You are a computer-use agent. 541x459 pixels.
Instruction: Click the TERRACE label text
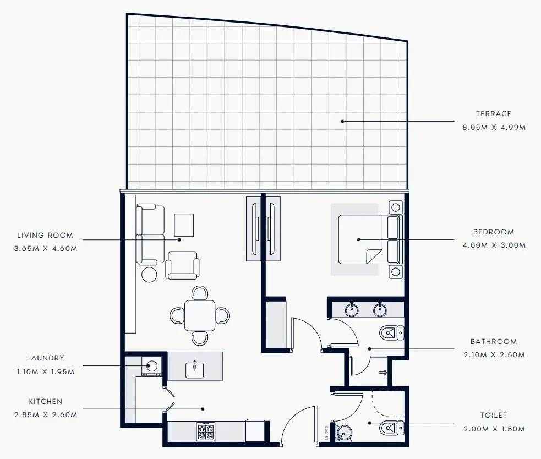(493, 114)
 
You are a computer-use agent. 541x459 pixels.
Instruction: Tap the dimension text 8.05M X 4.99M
(494, 127)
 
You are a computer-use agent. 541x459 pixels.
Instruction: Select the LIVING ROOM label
(45, 236)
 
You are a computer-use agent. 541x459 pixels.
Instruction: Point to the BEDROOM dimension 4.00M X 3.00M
(494, 245)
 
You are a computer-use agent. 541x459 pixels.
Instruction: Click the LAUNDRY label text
(45, 358)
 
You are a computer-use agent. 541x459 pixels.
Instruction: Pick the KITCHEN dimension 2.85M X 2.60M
(46, 414)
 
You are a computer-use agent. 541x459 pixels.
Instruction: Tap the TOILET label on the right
(493, 416)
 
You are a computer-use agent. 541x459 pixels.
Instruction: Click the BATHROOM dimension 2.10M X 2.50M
(493, 355)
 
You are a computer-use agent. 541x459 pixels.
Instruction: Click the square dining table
(200, 315)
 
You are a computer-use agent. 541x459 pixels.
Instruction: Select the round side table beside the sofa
(150, 274)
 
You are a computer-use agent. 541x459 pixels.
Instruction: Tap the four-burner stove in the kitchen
(206, 431)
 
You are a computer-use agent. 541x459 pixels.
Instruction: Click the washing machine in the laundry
(151, 365)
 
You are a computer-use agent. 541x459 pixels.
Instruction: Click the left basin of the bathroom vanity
(352, 310)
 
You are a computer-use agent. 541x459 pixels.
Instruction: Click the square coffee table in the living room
(184, 224)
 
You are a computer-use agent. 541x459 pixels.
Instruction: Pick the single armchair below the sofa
(182, 266)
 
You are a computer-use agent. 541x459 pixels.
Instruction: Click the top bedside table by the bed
(395, 207)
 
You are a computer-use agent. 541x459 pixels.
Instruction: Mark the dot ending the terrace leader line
(342, 121)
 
